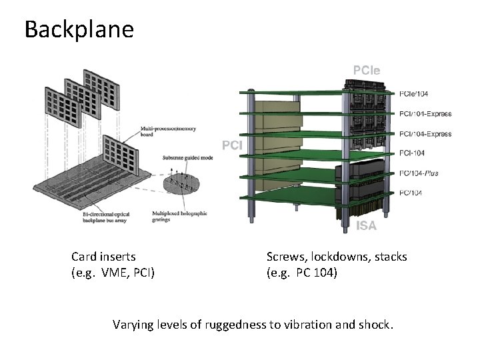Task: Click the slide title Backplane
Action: coord(79,29)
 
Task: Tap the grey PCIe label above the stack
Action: coord(367,69)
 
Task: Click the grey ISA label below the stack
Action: coord(366,226)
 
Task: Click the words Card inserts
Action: coord(103,257)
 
